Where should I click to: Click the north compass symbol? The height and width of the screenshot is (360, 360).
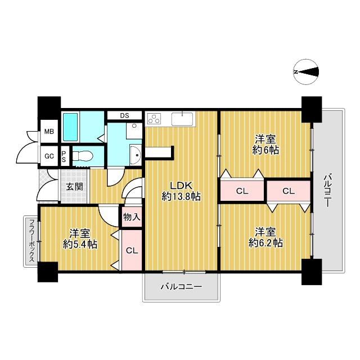(x=306, y=72)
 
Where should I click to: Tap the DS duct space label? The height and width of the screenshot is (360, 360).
(x=125, y=115)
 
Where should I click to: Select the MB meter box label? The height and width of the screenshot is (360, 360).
(x=49, y=132)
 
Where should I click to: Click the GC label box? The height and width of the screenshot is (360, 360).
(x=49, y=156)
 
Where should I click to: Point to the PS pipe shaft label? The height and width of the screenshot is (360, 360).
(x=64, y=156)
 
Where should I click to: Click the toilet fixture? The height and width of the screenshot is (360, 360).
(x=83, y=156)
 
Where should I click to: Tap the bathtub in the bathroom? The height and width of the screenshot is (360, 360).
(x=71, y=127)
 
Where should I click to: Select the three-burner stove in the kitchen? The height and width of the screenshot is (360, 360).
(x=154, y=119)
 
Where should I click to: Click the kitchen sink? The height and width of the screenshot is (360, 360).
(x=182, y=119)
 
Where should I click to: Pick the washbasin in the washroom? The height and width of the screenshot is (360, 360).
(x=135, y=155)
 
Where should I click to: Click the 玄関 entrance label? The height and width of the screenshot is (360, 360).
(x=74, y=187)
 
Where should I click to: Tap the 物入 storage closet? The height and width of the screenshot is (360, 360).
(x=132, y=217)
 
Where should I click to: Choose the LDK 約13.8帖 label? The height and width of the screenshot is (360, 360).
(x=181, y=191)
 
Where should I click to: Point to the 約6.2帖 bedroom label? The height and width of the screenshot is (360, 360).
(x=265, y=237)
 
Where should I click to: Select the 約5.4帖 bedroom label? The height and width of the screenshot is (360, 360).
(x=80, y=239)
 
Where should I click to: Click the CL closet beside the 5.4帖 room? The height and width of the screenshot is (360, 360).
(x=132, y=250)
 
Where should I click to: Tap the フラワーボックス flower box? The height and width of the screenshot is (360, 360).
(x=31, y=241)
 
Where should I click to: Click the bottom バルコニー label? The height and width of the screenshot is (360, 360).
(x=181, y=287)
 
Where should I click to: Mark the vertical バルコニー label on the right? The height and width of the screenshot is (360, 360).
(x=327, y=191)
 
